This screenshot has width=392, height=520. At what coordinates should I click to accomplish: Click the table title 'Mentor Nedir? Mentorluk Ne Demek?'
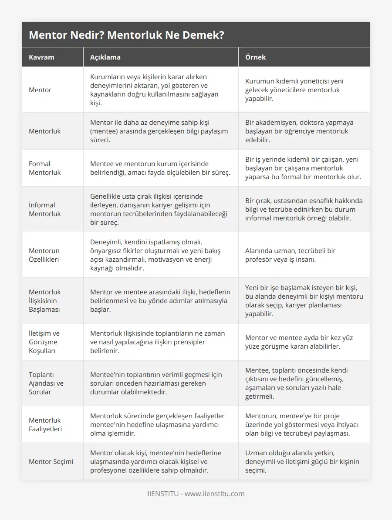(126, 35)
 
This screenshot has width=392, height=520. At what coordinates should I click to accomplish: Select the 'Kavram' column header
(41, 57)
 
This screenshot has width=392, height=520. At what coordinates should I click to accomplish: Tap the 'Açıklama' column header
(105, 57)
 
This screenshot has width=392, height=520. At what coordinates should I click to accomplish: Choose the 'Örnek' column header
(255, 57)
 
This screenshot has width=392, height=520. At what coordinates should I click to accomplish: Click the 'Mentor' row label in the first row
(40, 90)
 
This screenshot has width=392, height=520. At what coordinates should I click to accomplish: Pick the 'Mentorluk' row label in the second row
(45, 131)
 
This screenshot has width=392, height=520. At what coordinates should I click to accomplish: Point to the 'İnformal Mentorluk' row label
(45, 209)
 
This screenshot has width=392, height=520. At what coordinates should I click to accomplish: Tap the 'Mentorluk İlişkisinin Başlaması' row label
(45, 300)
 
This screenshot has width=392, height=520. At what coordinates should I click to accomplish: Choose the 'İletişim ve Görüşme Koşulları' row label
(44, 342)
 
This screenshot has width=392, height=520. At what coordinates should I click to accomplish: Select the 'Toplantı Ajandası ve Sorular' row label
(46, 383)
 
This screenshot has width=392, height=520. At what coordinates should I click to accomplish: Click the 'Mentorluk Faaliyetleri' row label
(45, 424)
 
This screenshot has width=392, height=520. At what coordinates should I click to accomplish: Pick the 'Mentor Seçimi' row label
(51, 461)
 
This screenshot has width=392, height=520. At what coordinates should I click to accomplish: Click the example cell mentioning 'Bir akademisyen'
(299, 131)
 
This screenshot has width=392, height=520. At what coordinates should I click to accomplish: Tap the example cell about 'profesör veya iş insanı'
(290, 255)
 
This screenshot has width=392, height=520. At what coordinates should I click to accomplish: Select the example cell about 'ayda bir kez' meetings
(299, 342)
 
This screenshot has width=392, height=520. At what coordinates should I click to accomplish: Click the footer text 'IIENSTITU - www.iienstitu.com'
(196, 493)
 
